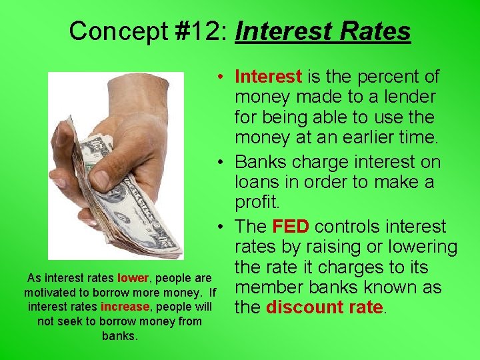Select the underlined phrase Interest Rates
[x=323, y=31]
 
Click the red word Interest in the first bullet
[x=268, y=77]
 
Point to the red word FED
[x=288, y=227]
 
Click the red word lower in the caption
[x=131, y=278]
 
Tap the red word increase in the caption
[x=125, y=307]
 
